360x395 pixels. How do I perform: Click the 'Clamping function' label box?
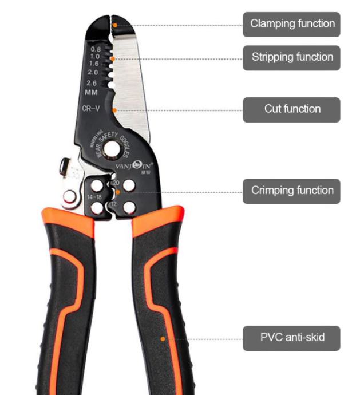tap(291, 24)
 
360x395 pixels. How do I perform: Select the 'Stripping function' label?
tap(291, 57)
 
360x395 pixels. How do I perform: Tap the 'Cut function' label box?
tap(291, 109)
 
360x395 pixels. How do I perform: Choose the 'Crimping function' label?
tap(291, 191)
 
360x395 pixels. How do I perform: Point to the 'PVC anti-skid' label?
tap(291, 337)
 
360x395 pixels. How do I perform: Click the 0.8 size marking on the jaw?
tap(96, 49)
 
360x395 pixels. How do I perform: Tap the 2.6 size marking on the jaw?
tap(92, 83)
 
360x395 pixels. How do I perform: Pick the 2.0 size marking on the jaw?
tap(93, 73)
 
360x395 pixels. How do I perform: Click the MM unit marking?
tap(91, 92)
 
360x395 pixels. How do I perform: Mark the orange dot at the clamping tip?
tap(114, 25)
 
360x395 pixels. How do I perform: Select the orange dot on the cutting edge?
tap(115, 110)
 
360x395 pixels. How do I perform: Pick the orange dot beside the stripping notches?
tap(113, 59)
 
